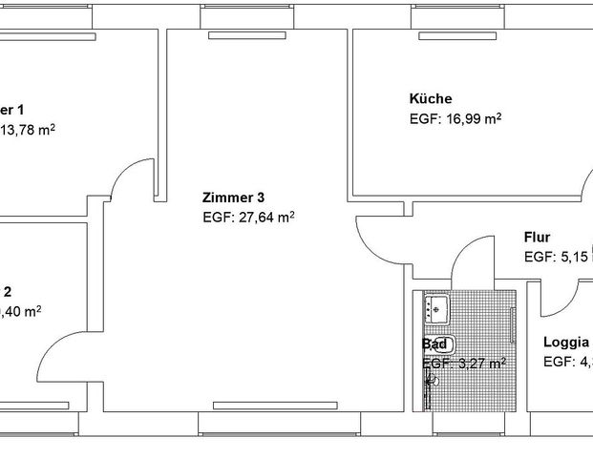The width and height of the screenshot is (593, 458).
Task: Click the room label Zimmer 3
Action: [233, 198]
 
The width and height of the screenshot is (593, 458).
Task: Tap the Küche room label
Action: [430, 98]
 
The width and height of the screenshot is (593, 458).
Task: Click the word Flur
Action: [537, 238]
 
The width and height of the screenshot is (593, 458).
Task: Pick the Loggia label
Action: [565, 343]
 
